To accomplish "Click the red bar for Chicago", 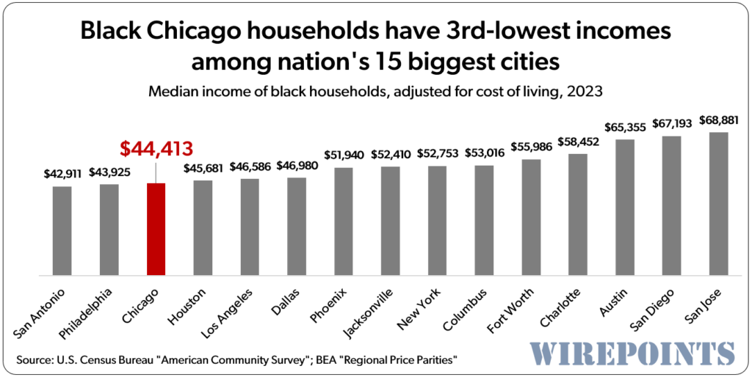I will (x=156, y=229).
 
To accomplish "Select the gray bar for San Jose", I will (x=718, y=203).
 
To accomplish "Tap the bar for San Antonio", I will (x=62, y=230).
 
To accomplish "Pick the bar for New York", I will (x=437, y=220).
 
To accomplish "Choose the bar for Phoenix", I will (x=344, y=221).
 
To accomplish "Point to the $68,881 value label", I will (x=718, y=120).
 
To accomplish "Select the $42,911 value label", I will (x=62, y=175).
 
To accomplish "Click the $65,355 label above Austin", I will (x=625, y=127).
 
